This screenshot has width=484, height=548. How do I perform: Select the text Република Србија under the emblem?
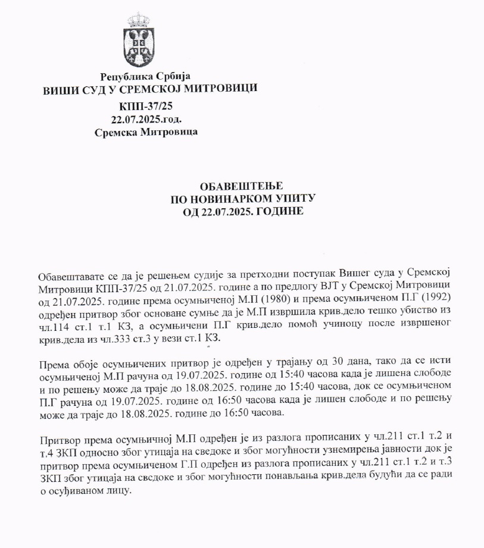145,77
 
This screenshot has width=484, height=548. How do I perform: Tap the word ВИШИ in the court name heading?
58,89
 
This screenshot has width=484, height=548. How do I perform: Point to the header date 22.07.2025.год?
146,120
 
